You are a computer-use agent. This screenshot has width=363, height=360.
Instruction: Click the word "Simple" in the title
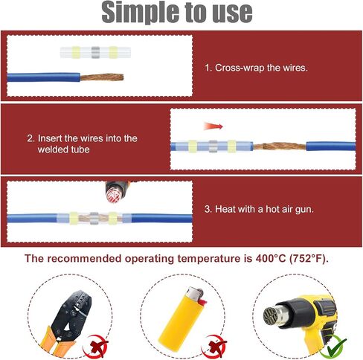(140, 12)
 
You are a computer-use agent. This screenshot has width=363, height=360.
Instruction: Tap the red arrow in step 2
(213, 126)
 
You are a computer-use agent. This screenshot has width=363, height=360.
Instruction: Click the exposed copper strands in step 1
(102, 77)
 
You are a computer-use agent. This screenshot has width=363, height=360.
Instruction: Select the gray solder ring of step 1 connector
(95, 52)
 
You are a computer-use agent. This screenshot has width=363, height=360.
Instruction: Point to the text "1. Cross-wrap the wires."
(256, 68)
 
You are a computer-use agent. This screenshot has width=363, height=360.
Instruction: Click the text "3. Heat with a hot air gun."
(259, 209)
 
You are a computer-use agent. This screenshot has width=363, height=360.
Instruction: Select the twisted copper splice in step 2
(280, 146)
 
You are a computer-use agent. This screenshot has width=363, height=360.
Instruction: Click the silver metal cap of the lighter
(195, 293)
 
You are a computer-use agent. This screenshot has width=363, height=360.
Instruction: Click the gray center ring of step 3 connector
(94, 218)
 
